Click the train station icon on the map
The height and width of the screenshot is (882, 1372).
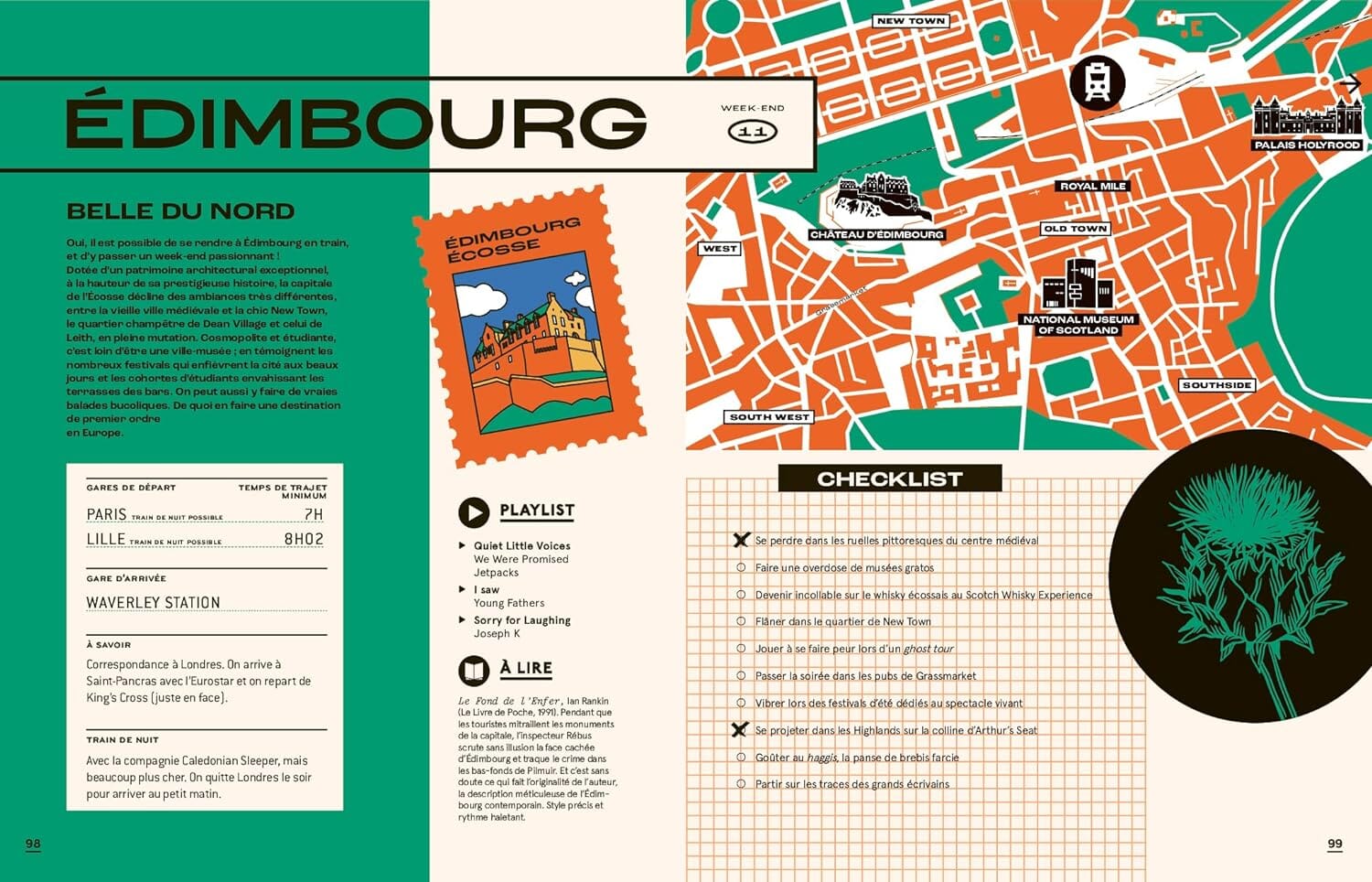(x=1097, y=82)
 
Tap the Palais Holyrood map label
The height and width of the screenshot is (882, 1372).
(x=1307, y=145)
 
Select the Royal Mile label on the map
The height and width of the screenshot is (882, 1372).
(x=1093, y=186)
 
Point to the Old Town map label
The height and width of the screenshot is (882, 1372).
(x=1075, y=229)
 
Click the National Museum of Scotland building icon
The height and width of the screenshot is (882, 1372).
(x=1077, y=285)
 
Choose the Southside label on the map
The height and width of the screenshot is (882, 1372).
(x=1216, y=385)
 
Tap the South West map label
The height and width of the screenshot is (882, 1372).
(x=769, y=417)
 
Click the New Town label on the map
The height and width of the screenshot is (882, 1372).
(x=910, y=21)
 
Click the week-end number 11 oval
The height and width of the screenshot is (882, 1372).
(x=752, y=133)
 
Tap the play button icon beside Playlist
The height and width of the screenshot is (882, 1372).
(x=474, y=512)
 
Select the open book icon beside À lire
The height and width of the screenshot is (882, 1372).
(x=474, y=671)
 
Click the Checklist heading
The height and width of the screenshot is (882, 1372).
(x=889, y=479)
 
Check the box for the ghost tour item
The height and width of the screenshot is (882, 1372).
(x=741, y=649)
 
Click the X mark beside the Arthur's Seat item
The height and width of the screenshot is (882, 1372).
(x=740, y=730)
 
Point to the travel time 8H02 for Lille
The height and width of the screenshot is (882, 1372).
(x=304, y=539)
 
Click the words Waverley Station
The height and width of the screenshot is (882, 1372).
(x=153, y=603)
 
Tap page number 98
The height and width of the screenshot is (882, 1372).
(x=33, y=844)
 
